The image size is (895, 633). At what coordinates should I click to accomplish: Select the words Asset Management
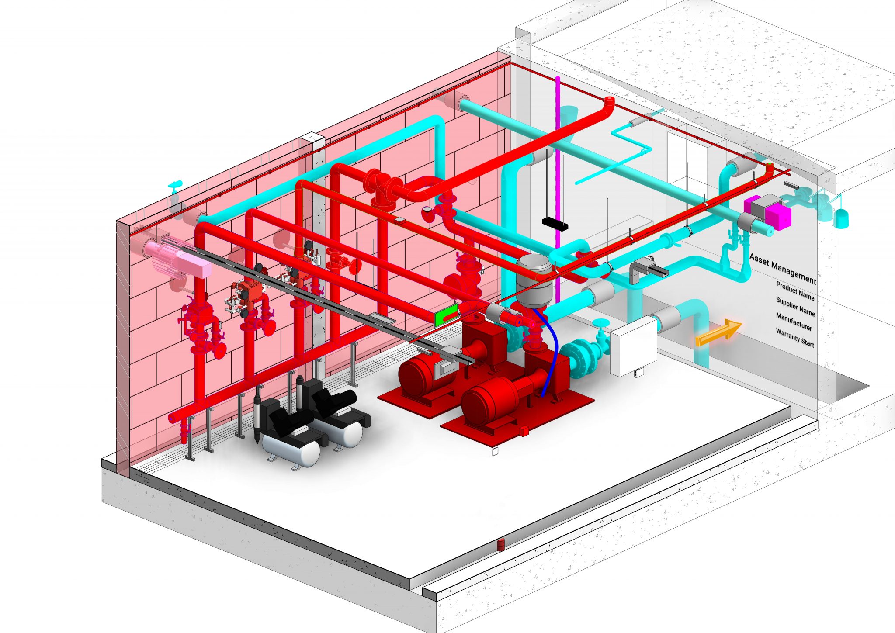pyautogui.click(x=783, y=268)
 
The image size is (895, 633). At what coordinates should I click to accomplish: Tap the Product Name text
pyautogui.click(x=795, y=291)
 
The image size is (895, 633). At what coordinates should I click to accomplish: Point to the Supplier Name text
pyautogui.click(x=795, y=306)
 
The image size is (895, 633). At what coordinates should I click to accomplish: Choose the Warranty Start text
pyautogui.click(x=795, y=337)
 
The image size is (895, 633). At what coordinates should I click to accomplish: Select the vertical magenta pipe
pyautogui.click(x=558, y=175)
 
